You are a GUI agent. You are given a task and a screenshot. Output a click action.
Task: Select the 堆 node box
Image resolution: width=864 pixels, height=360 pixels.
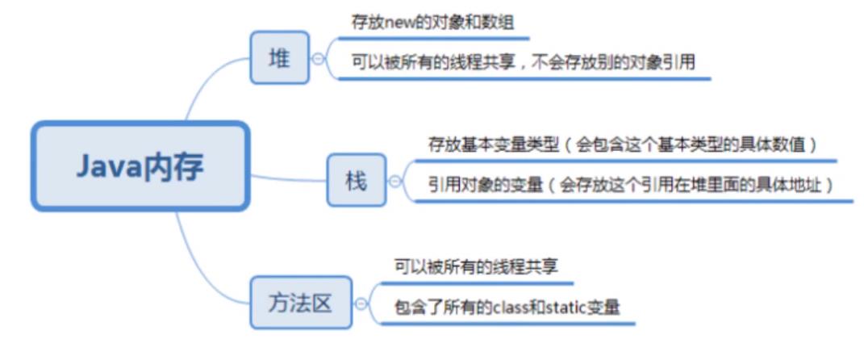point(279,57)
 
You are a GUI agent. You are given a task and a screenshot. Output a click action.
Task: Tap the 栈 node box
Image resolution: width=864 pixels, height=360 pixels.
point(356,181)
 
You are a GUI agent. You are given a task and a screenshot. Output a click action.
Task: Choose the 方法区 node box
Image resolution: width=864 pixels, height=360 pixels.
point(301,303)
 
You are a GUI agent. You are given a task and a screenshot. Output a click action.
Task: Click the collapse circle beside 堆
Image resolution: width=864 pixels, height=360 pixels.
point(319,58)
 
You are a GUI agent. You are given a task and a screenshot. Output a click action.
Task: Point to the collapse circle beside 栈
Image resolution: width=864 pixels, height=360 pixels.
point(395,182)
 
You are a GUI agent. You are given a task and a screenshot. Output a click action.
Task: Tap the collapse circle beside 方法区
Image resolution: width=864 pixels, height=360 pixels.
point(362,304)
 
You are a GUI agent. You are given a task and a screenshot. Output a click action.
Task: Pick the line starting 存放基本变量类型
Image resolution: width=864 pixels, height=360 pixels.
point(622,144)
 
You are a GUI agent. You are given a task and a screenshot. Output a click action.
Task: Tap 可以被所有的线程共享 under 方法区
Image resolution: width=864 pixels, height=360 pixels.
point(477,266)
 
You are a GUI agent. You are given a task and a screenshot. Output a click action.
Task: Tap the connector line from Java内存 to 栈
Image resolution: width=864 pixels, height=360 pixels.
point(290,178)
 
